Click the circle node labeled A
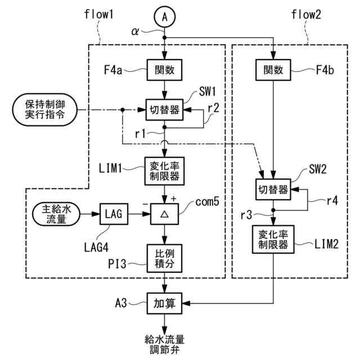point(165,17)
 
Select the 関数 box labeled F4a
point(164,70)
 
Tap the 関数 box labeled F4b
point(273,70)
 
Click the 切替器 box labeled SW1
point(164,110)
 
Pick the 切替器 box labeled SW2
point(273,190)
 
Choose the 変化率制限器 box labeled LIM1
point(164,171)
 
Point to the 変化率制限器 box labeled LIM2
point(273,240)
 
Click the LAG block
point(114,214)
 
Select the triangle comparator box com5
point(164,214)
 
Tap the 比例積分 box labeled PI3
point(164,258)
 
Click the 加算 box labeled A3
point(164,303)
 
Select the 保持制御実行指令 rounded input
point(45,110)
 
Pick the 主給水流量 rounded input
point(56,214)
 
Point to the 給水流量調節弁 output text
point(164,344)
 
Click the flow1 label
point(99,14)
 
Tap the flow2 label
point(306,14)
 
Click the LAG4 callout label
point(96,247)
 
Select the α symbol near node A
point(135,31)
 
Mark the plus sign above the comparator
point(173,199)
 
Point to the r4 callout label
point(332,201)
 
